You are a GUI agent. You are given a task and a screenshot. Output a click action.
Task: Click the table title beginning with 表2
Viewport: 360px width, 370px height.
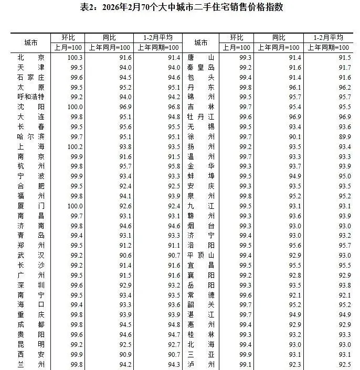(180, 8)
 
